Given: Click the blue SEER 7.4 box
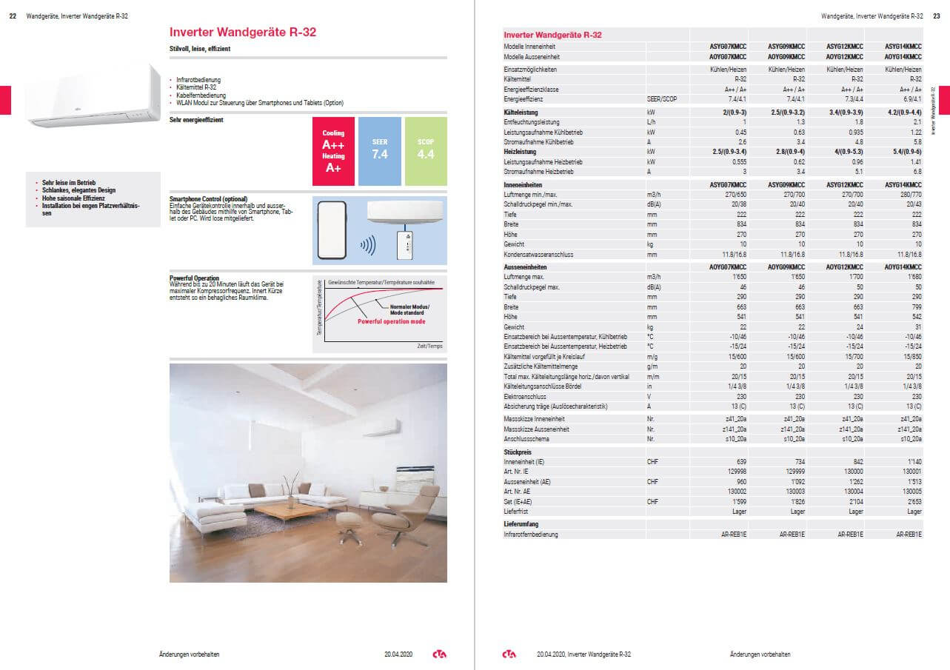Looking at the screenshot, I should (379, 151).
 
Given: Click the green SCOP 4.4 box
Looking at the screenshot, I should (426, 151).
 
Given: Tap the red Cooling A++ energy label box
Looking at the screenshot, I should (333, 151).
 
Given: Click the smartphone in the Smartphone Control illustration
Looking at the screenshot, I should (332, 229).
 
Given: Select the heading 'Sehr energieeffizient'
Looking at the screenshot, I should (196, 119).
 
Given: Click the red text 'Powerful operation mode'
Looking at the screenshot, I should (391, 322).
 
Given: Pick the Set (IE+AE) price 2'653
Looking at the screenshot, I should (912, 501).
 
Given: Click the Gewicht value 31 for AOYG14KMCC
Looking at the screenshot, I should (917, 326).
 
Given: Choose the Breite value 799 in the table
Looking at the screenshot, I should (915, 306).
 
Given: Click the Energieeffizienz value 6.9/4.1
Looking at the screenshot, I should (910, 98).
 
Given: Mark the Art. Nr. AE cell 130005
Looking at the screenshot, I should (911, 491).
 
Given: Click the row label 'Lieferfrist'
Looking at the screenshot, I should (516, 512).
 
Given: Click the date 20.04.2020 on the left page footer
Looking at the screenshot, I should (398, 654).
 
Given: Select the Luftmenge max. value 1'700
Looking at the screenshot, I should (854, 276).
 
